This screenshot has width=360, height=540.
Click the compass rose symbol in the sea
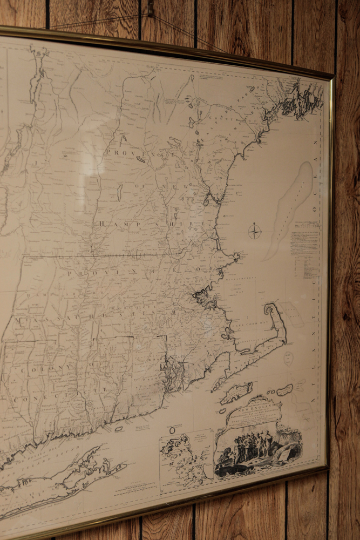click(255, 232)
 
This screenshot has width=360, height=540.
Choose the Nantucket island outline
click(284, 389)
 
